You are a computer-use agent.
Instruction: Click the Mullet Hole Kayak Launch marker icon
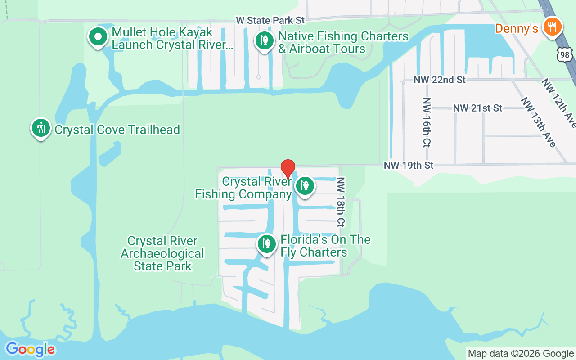(98, 36)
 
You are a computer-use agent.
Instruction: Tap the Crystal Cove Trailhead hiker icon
(41, 128)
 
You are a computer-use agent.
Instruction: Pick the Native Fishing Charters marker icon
(265, 40)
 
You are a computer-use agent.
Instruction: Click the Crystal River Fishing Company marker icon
(305, 185)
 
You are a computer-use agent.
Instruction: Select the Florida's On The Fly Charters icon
(267, 244)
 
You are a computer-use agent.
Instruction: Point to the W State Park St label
(271, 20)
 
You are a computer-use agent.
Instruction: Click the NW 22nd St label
(440, 80)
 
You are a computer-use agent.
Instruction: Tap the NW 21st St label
(477, 108)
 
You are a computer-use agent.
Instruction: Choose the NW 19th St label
(409, 166)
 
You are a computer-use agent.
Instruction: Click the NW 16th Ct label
(427, 122)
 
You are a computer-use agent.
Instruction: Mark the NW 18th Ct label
(341, 202)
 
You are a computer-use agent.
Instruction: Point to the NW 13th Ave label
(538, 122)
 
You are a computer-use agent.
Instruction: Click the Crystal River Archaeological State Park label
(162, 253)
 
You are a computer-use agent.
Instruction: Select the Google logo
(30, 349)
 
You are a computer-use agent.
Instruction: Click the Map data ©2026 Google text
(521, 354)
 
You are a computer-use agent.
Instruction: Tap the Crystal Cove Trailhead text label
(117, 130)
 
